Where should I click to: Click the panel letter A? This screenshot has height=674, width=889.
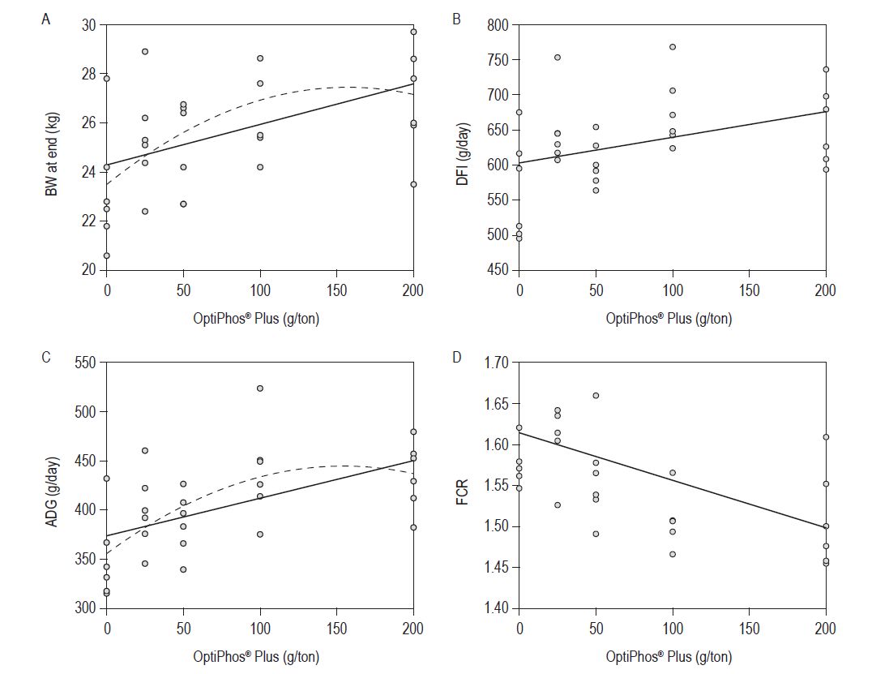click(46, 20)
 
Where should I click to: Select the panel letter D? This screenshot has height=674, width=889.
click(456, 358)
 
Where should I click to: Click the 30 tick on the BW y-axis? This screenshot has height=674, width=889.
click(89, 25)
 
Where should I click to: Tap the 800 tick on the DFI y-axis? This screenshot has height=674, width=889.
click(497, 25)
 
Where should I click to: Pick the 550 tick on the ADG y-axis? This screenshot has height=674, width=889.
click(85, 363)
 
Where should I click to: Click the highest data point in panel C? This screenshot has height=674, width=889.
click(260, 389)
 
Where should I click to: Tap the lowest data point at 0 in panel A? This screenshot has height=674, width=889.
click(106, 255)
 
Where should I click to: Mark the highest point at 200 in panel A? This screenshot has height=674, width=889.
click(413, 32)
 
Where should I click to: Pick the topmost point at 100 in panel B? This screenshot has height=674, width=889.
click(673, 47)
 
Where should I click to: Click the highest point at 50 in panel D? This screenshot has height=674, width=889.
click(596, 395)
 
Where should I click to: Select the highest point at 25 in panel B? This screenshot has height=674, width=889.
click(558, 58)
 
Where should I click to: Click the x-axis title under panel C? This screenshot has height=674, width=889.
click(260, 656)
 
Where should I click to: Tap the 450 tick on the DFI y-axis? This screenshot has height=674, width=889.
click(497, 269)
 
